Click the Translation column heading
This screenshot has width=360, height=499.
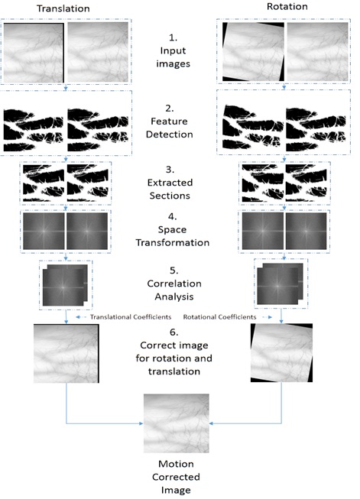(x=63, y=8)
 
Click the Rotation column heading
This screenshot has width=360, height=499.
(x=287, y=6)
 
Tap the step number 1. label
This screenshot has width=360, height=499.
(x=173, y=37)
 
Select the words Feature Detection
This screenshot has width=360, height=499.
(x=170, y=128)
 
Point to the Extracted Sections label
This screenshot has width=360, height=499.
(x=170, y=189)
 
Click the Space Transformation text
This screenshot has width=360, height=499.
(x=173, y=236)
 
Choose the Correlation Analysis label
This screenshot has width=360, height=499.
(x=174, y=290)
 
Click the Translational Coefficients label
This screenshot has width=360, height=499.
(x=131, y=317)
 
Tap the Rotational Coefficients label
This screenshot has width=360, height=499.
(x=219, y=317)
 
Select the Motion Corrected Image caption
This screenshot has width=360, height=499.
(x=176, y=477)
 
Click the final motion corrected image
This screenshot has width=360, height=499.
(x=177, y=423)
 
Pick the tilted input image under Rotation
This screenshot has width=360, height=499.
(x=253, y=51)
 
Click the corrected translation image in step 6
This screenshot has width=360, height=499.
(x=66, y=353)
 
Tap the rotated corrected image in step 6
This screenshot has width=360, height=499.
(x=281, y=352)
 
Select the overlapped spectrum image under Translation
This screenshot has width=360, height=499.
(x=65, y=285)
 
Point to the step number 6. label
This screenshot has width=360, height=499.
(x=174, y=332)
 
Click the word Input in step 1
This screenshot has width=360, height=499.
(x=173, y=51)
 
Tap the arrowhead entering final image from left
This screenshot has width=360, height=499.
(x=141, y=423)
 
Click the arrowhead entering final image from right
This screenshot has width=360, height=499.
(x=212, y=423)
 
